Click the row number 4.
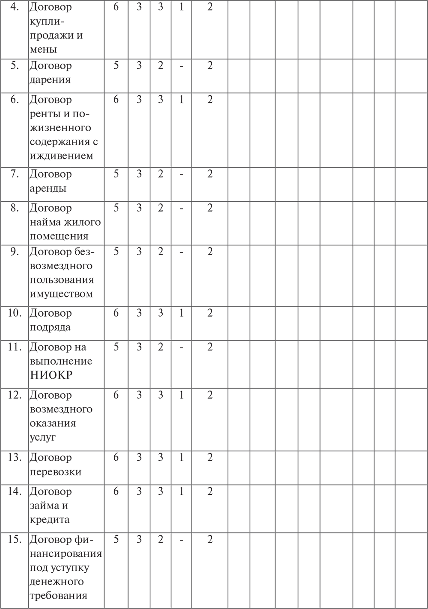point(15,7)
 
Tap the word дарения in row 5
point(50,80)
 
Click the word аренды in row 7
point(48,188)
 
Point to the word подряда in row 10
point(50,327)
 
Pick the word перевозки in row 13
point(56,472)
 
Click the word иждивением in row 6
point(62,156)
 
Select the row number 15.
point(15,539)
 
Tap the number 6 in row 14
point(116,491)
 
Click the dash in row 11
point(181,347)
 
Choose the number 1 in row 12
point(181,395)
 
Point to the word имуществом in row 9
point(61,294)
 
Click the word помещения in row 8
point(59,236)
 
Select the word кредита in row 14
point(50,520)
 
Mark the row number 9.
point(15,251)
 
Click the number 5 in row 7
point(116,174)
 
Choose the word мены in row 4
point(44,49)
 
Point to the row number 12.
point(15,395)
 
